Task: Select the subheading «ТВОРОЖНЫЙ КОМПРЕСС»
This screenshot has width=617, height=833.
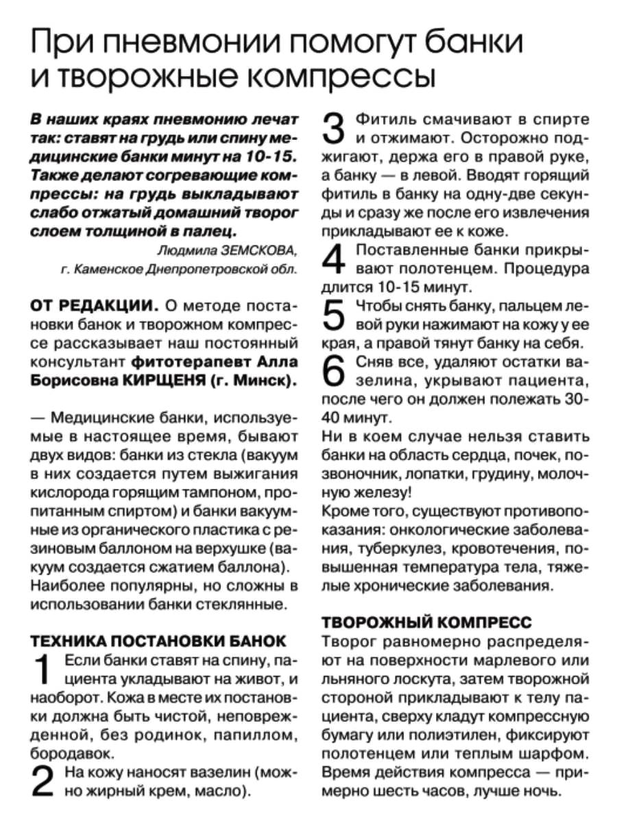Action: pos(426,623)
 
